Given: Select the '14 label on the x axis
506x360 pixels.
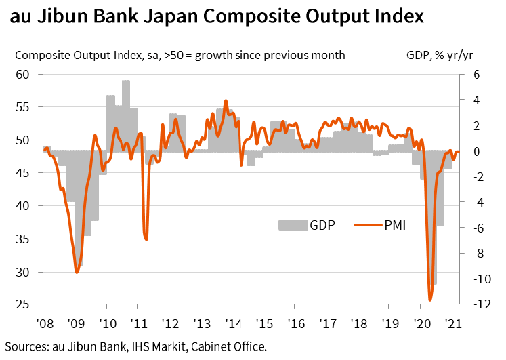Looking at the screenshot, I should pos(232,324).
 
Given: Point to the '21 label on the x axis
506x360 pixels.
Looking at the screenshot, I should pos(451,324).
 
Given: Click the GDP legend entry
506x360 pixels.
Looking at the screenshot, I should pos(307,224).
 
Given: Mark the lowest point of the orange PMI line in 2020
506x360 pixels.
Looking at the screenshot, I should pos(429,300).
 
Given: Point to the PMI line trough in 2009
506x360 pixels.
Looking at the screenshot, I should pos(77,272).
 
